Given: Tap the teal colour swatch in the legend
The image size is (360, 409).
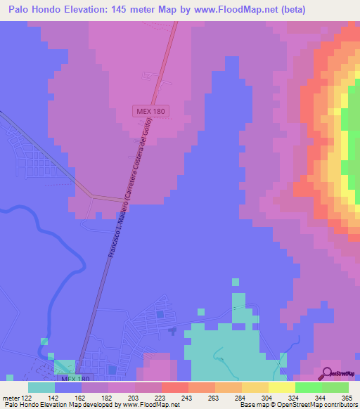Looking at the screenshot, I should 41,387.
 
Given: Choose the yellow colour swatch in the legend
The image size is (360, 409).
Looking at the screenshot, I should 281,387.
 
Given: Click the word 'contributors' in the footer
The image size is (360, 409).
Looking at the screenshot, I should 337,404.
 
